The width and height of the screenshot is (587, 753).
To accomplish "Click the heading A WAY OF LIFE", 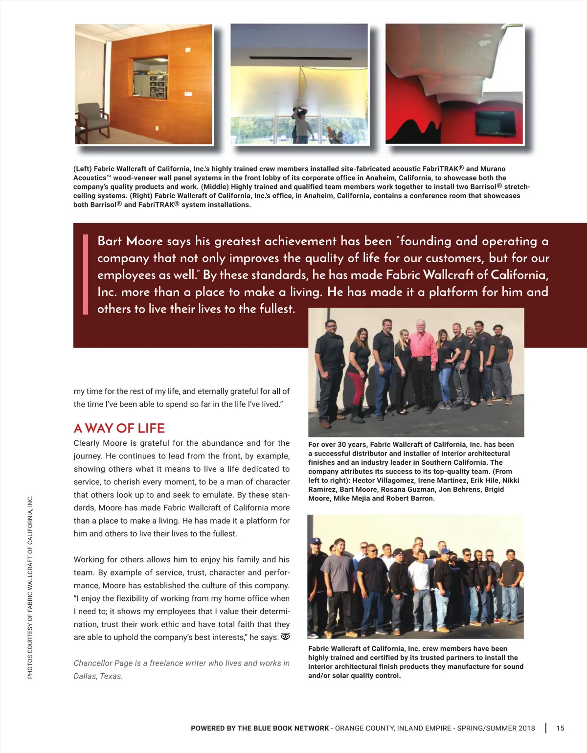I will [119, 428].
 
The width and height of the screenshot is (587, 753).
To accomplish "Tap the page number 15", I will [560, 728].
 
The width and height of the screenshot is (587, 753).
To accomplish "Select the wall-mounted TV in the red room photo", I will [496, 123].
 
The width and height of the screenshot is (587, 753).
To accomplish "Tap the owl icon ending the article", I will [286, 637].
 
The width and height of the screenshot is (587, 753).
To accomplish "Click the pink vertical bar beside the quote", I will [86, 274].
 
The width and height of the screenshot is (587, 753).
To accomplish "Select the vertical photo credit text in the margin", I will [30, 587].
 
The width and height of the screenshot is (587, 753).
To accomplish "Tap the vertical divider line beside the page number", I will [546, 728].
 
